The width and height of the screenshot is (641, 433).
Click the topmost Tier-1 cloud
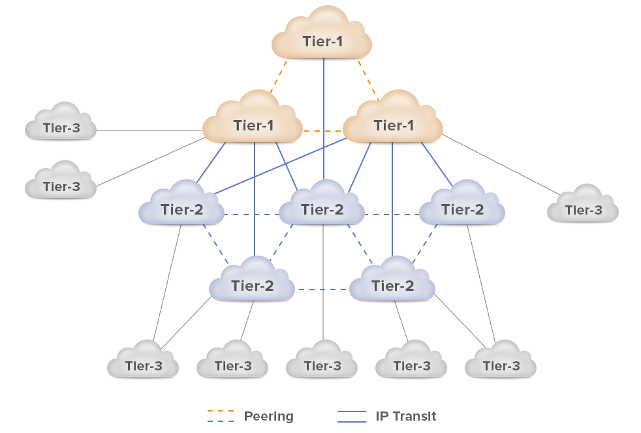coord(322,40)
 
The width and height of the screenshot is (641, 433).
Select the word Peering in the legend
coord(268,416)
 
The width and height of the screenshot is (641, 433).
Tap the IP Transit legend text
coord(405,416)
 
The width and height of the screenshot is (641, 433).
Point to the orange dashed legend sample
coord(221,411)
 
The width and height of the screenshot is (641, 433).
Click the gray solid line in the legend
coord(352,411)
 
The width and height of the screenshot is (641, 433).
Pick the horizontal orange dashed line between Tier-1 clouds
coord(322,131)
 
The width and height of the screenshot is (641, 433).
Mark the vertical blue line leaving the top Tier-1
coord(324,117)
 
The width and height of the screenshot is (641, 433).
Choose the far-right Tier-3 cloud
coord(583,209)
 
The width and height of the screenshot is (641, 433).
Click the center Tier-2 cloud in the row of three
coord(322,209)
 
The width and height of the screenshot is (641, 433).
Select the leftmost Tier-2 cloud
coord(181,209)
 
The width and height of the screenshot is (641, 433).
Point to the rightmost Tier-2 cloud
coord(462,209)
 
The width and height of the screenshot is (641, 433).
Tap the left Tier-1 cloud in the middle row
coord(253,124)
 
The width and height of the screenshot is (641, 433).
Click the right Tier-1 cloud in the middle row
coord(393,124)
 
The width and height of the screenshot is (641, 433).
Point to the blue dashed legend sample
coord(221,421)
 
